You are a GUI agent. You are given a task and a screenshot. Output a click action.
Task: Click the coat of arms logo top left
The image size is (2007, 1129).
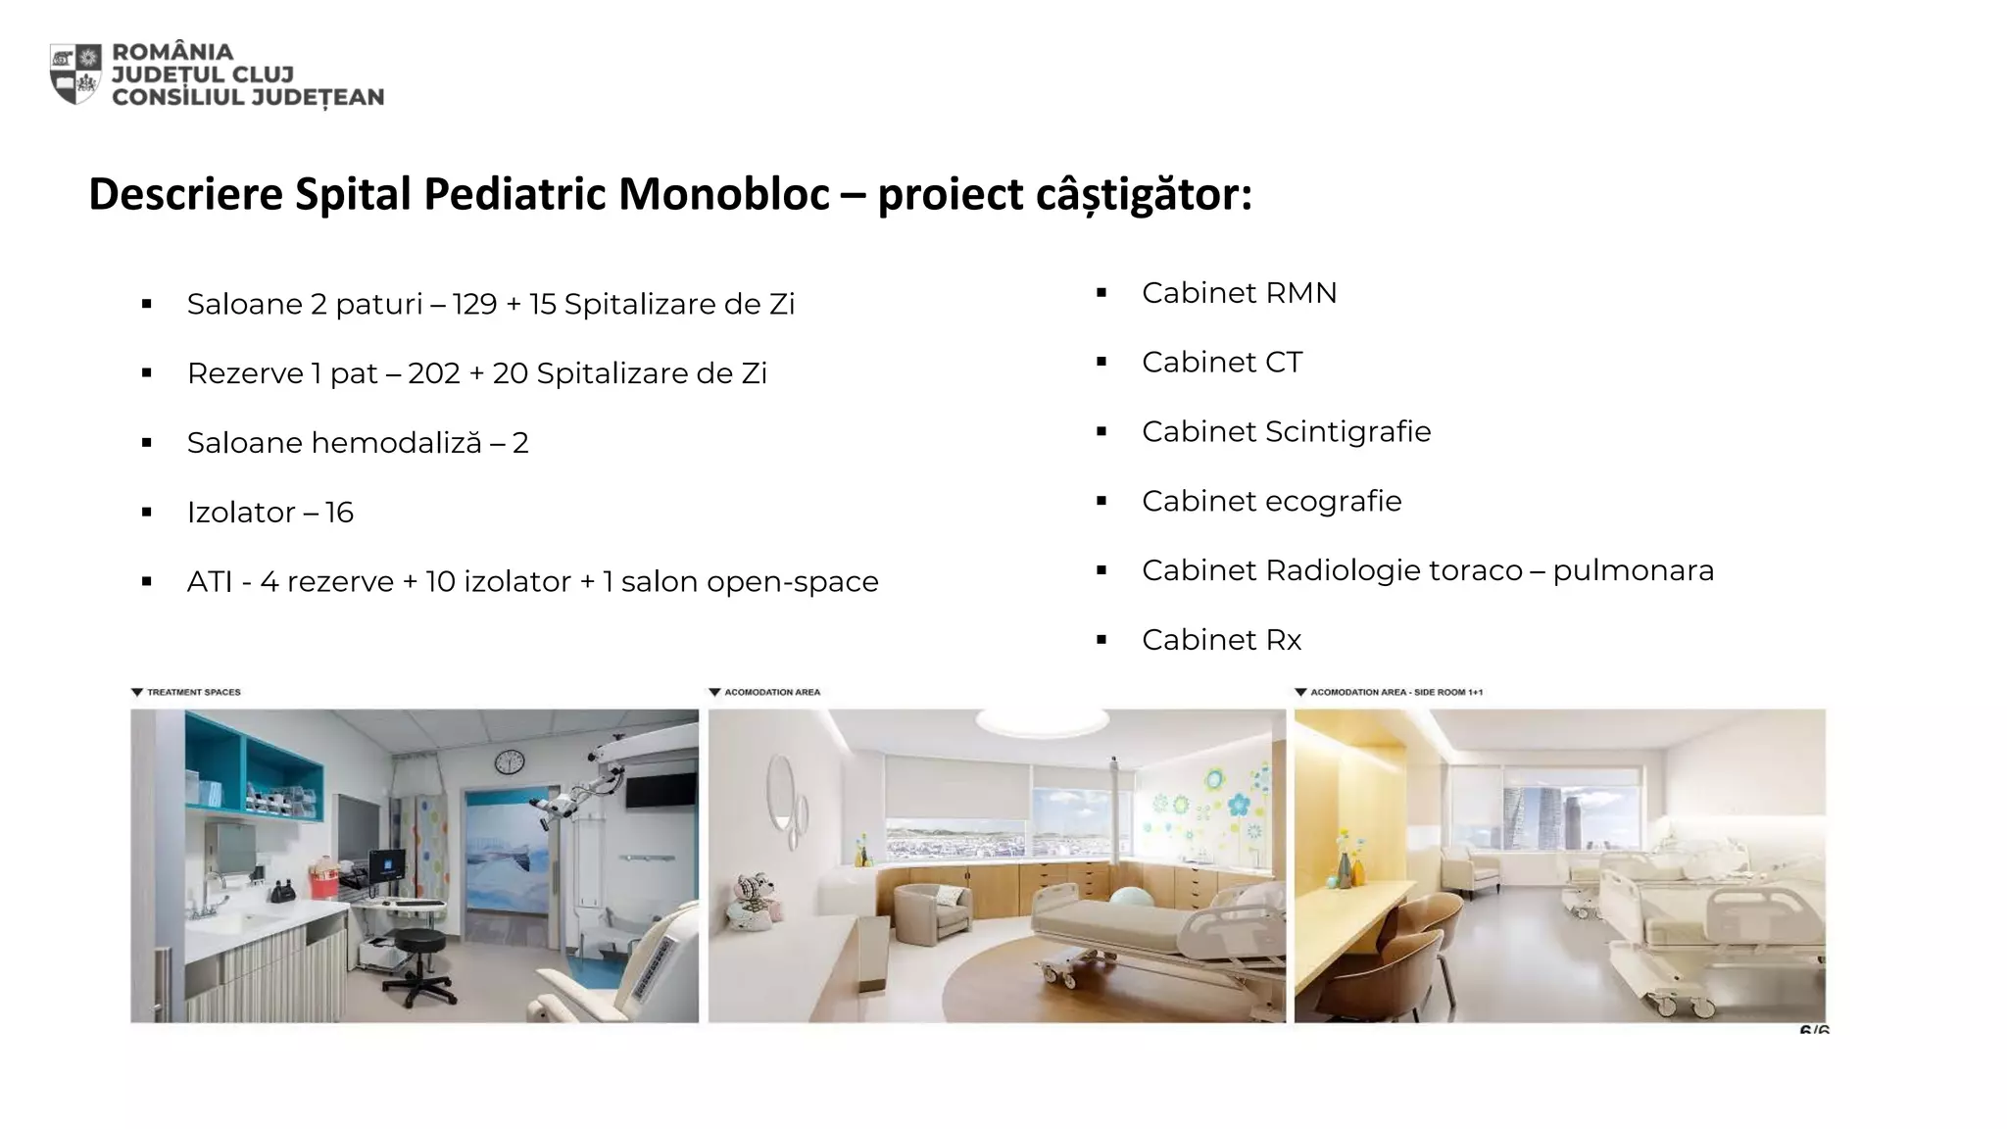[75, 74]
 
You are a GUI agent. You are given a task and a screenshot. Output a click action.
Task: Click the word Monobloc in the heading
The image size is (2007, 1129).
[724, 194]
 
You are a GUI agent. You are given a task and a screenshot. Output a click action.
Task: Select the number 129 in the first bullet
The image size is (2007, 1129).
[474, 305]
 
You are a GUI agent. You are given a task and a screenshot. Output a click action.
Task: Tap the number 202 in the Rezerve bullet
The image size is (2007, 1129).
[433, 373]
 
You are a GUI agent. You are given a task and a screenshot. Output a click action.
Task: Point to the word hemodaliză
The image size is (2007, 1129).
[396, 443]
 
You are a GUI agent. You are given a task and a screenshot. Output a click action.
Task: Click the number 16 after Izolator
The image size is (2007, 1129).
[339, 513]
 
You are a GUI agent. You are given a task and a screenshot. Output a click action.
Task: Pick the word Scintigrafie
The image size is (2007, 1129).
[1347, 432]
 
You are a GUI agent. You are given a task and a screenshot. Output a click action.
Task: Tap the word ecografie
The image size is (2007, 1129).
[1334, 502]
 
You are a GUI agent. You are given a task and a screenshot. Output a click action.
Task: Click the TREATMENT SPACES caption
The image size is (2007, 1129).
[193, 692]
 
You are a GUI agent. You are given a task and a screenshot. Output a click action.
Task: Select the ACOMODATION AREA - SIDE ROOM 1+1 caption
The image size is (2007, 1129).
[1395, 692]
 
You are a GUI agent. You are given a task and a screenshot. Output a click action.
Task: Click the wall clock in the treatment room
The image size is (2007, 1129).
[509, 762]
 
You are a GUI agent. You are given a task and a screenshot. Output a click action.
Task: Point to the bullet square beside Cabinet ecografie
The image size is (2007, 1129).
[1101, 502]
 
